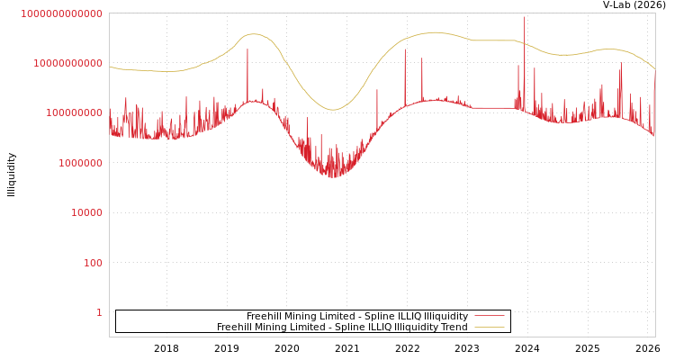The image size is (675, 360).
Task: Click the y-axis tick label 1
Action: (99, 312)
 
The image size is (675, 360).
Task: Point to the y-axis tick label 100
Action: (93, 263)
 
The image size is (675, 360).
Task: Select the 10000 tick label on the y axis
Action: (87, 212)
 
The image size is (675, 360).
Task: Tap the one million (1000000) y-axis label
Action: (81, 163)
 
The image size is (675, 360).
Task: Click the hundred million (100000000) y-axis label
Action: (75, 113)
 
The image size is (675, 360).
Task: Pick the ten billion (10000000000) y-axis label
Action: (68, 63)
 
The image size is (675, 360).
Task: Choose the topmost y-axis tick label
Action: (62, 13)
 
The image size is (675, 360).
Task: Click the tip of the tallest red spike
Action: (525, 16)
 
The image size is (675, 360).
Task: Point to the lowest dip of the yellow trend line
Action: (332, 110)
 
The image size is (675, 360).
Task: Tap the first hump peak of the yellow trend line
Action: (253, 34)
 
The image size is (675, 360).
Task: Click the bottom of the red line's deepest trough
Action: (332, 176)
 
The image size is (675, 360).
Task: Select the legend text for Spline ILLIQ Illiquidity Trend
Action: (342, 328)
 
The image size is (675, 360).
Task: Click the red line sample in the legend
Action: (489, 316)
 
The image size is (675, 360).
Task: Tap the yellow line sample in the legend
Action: (489, 328)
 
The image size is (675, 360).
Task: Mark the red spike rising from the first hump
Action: (247, 49)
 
